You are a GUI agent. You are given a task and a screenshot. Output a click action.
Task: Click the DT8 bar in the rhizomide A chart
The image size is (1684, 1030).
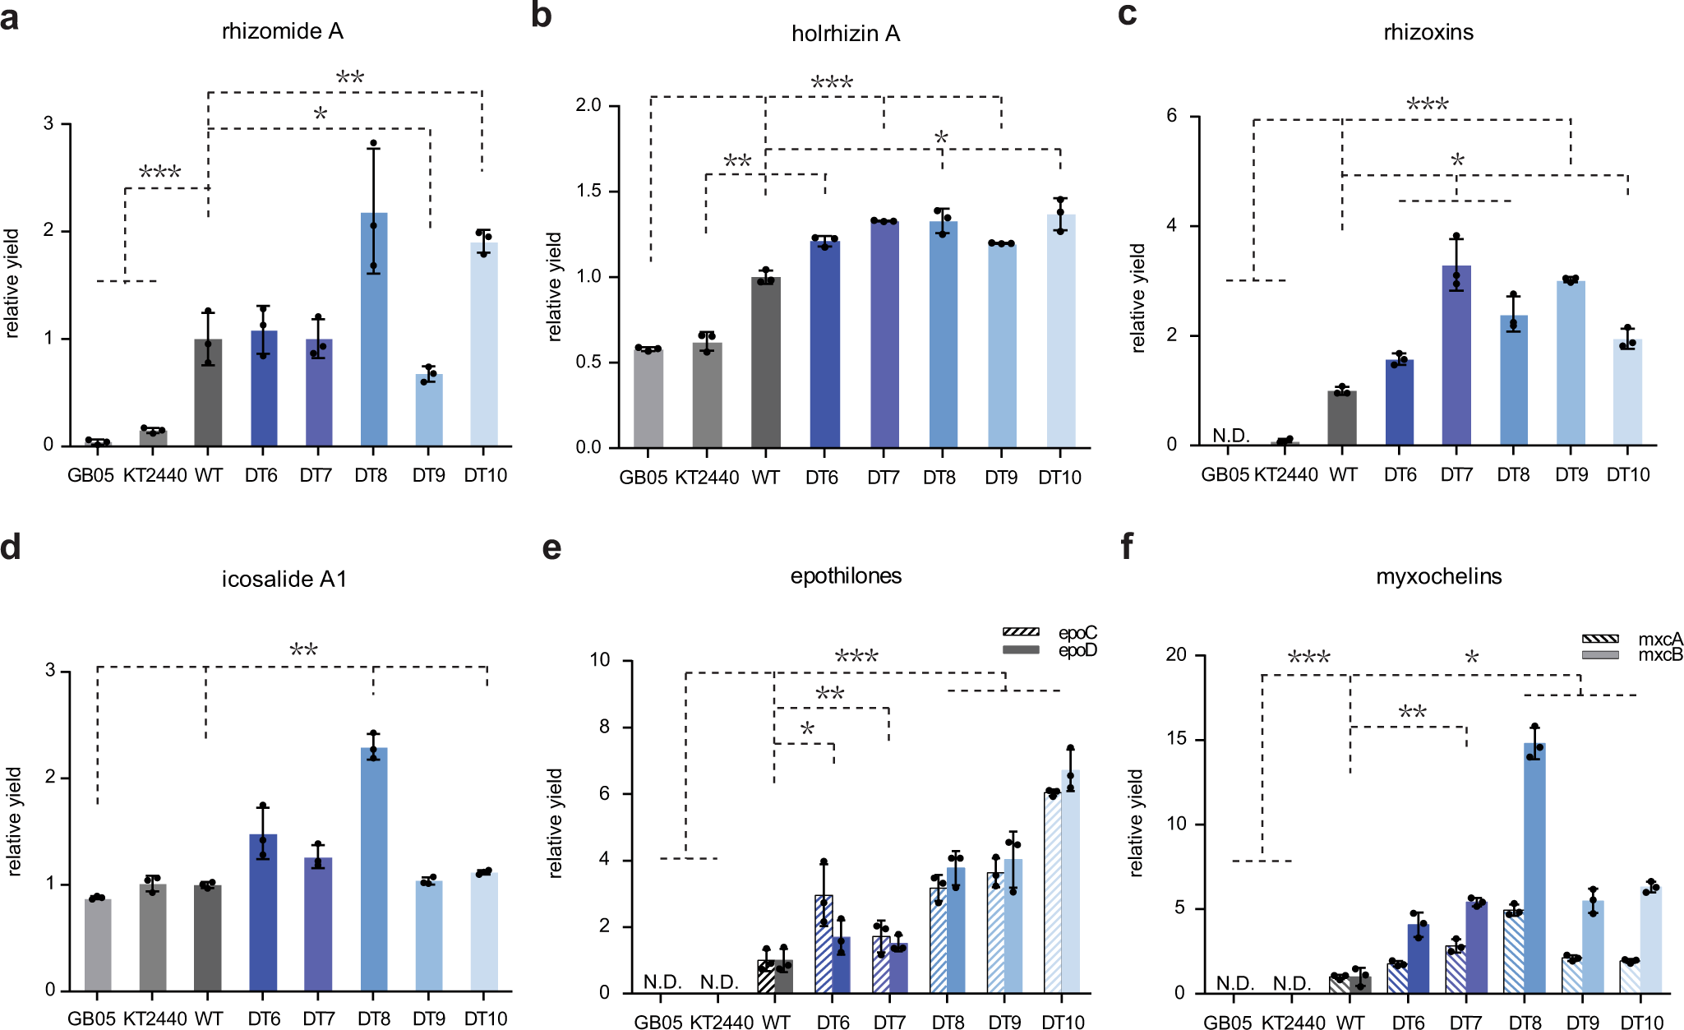374,329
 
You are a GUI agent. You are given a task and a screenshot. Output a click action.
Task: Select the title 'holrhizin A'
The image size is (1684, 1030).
846,34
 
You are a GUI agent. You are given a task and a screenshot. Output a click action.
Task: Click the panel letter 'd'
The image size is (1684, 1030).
11,547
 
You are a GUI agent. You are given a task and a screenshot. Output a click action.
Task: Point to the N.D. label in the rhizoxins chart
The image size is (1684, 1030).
1230,435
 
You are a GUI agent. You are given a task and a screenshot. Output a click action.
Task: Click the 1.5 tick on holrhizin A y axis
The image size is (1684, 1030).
588,191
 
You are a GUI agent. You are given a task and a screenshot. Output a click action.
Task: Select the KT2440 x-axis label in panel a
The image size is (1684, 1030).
155,475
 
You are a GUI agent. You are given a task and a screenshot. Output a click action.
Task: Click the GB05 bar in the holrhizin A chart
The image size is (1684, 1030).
648,399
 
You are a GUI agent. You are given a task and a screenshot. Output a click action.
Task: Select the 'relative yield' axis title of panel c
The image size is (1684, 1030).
1137,298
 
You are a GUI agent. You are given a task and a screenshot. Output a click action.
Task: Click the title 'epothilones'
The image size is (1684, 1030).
846,576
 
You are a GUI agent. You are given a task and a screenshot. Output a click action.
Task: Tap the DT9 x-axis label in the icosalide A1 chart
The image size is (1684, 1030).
429,1018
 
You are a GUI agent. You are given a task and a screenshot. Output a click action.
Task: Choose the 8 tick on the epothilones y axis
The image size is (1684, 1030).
604,727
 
